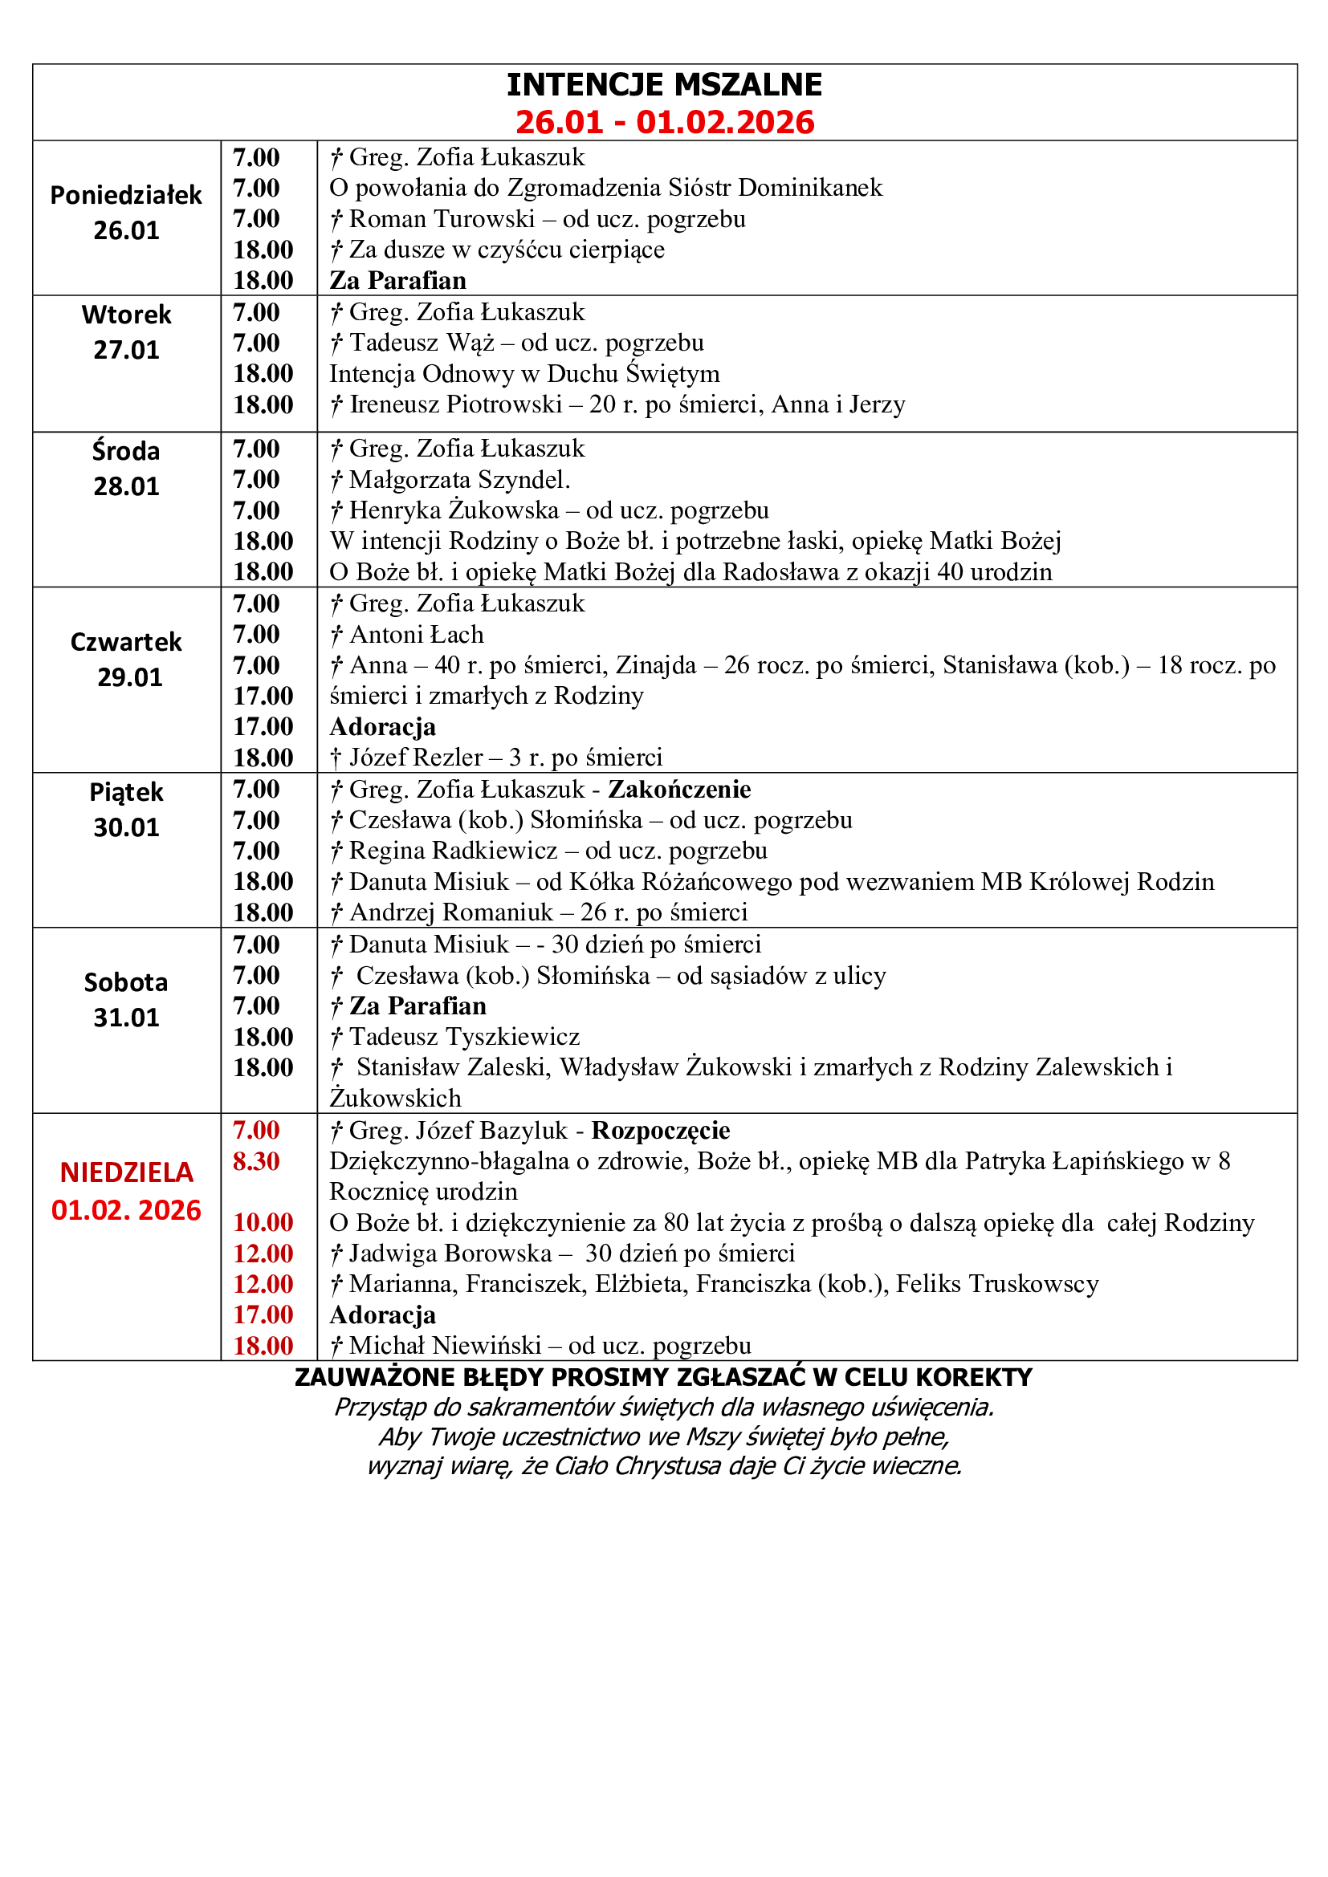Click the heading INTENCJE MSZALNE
point(664,85)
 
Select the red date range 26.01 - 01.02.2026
point(664,123)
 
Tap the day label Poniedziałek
point(126,195)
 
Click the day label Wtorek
point(126,315)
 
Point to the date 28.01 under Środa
point(126,486)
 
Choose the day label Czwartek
point(126,642)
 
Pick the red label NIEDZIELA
point(126,1172)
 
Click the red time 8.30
point(256,1161)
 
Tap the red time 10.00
point(263,1222)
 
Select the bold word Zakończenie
point(678,789)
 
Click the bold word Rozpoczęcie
point(661,1130)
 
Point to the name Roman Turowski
point(442,219)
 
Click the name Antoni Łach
point(416,635)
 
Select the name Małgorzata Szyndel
point(458,480)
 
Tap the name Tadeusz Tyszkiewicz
point(464,1037)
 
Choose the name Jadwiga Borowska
point(450,1253)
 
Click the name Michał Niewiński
point(446,1346)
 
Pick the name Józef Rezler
point(416,758)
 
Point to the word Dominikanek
point(809,188)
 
